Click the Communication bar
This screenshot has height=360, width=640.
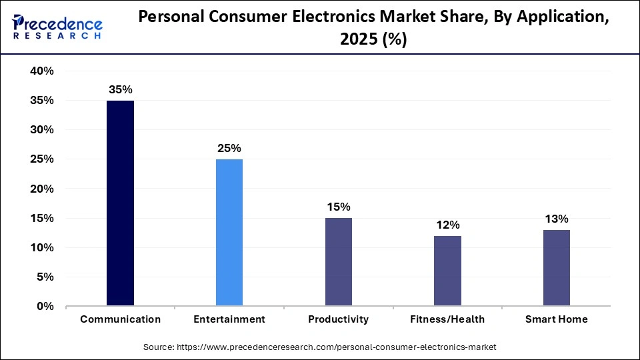[120, 203]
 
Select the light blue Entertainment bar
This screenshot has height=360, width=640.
[229, 233]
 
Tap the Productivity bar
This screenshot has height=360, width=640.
[338, 262]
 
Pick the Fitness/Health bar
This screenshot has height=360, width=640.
[447, 271]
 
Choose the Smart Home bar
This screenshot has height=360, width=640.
[557, 268]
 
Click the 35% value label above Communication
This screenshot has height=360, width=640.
[120, 89]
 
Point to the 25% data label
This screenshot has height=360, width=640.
[229, 148]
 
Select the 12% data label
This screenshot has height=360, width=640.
[447, 225]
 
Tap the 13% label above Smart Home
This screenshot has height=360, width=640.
[557, 219]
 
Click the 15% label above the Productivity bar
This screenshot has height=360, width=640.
[338, 207]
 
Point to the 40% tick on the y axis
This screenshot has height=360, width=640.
[42, 71]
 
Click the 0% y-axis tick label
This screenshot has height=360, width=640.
[45, 307]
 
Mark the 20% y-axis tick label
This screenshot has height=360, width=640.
[42, 189]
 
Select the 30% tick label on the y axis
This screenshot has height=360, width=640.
[42, 130]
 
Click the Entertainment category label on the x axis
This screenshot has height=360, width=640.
[229, 319]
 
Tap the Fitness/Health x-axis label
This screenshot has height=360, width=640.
[447, 319]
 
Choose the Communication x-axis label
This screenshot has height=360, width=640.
[120, 319]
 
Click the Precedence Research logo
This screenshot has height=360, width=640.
[57, 27]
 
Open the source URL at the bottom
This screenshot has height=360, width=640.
[320, 347]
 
